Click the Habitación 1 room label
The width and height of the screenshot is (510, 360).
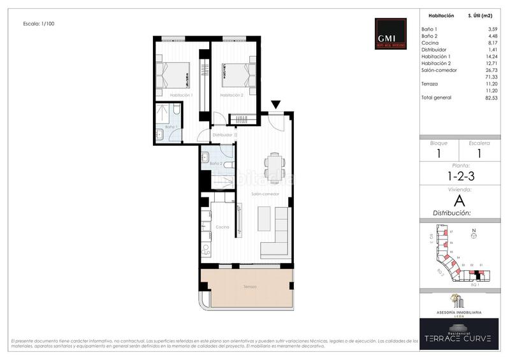click(181, 95)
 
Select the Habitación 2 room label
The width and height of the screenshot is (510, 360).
click(231, 95)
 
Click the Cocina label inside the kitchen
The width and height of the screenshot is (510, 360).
click(222, 227)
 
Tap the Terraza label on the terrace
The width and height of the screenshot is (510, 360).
click(249, 287)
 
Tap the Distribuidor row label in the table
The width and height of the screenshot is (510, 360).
click(434, 49)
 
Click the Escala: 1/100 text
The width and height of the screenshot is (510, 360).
click(38, 24)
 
